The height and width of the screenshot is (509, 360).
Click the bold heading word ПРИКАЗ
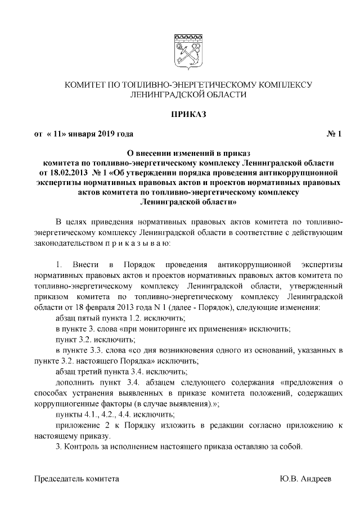[x=188, y=115]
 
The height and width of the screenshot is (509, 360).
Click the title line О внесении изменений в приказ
[x=188, y=152]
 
